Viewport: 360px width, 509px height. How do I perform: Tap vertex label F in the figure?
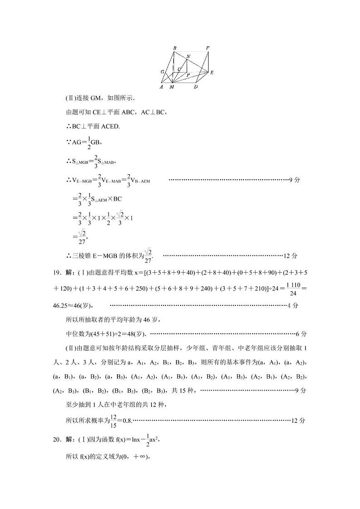(x=208, y=48)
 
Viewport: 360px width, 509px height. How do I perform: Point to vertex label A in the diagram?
(x=161, y=87)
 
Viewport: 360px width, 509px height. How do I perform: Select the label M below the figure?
(x=171, y=87)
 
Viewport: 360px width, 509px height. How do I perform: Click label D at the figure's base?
(x=195, y=87)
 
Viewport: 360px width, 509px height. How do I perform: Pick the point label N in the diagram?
(x=188, y=57)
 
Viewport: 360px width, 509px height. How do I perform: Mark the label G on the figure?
(x=162, y=72)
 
